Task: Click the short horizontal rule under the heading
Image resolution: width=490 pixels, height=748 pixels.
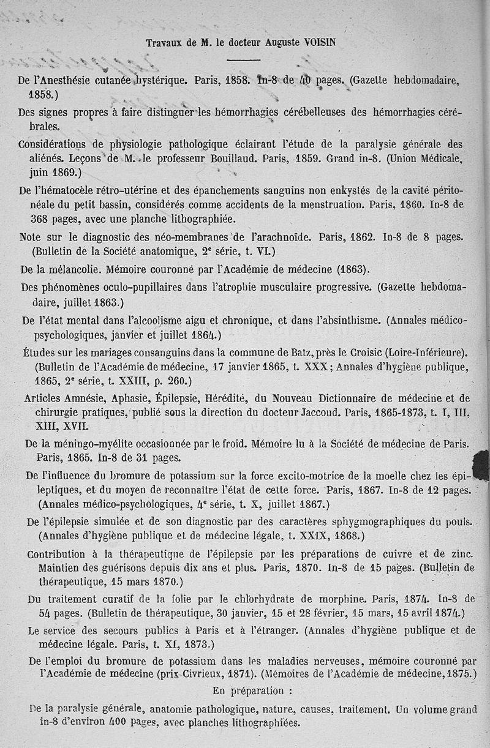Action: pyautogui.click(x=243, y=60)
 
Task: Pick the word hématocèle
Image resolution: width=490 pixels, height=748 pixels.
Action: pyautogui.click(x=69, y=190)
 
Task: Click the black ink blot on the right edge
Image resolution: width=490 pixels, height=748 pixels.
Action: pyautogui.click(x=481, y=463)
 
